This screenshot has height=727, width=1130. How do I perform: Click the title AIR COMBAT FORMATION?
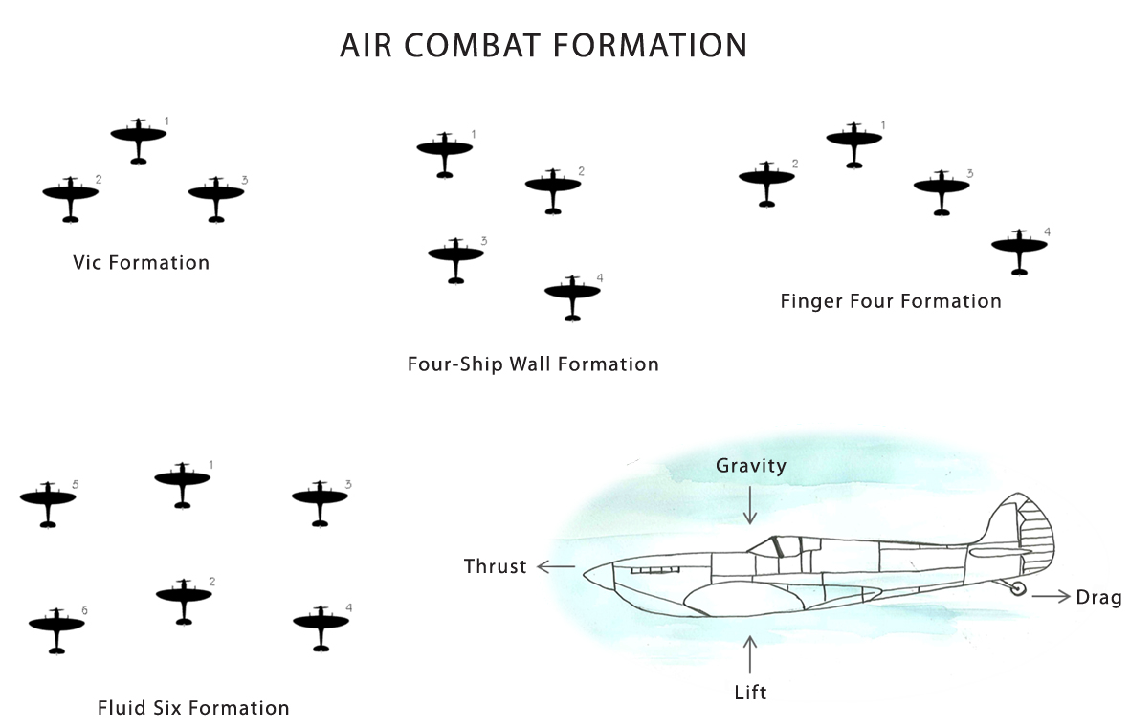[543, 46]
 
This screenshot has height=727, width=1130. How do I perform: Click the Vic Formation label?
[141, 262]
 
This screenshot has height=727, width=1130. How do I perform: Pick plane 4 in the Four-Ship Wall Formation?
[572, 293]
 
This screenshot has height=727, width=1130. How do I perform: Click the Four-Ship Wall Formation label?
[533, 364]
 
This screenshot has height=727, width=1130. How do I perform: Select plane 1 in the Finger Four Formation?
[854, 140]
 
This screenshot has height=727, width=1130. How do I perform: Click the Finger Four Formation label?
[890, 302]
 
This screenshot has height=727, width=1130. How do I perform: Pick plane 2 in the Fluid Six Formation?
[184, 597]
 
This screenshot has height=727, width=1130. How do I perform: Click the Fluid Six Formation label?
[193, 709]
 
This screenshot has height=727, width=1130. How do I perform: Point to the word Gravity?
[751, 466]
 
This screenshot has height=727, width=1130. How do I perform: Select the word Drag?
[1098, 598]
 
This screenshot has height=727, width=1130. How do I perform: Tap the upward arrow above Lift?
[750, 653]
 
